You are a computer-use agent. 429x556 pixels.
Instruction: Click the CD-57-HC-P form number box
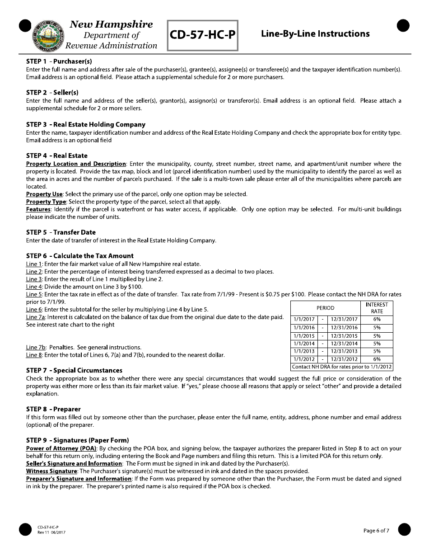(x=203, y=35)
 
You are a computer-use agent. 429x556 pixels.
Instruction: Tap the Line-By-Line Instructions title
(x=315, y=34)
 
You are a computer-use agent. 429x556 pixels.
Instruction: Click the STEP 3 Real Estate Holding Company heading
(x=86, y=124)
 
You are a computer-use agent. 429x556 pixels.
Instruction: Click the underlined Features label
(x=38, y=209)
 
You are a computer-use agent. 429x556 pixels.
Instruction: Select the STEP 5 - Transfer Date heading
(x=61, y=232)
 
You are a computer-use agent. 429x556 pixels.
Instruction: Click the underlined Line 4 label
(x=34, y=287)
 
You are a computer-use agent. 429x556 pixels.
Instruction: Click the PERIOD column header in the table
(x=326, y=308)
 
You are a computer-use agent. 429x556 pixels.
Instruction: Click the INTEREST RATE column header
(x=377, y=308)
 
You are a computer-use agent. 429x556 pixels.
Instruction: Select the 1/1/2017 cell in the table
(x=304, y=320)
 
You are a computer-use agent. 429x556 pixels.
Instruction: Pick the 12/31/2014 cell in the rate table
(x=344, y=344)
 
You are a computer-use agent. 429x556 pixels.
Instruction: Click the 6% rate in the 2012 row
(x=377, y=359)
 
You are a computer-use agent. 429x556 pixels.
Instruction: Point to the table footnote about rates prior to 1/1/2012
(x=341, y=367)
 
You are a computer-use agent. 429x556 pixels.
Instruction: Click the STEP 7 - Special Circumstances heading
(x=74, y=371)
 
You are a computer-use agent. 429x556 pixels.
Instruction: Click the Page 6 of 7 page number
(x=376, y=531)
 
